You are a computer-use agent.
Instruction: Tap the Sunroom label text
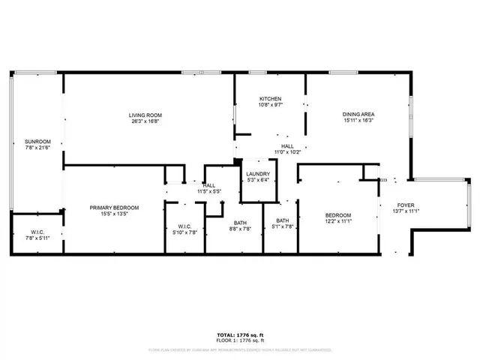37,141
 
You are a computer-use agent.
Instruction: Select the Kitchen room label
270,99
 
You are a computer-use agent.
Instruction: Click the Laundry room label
257,174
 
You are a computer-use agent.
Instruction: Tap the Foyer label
406,205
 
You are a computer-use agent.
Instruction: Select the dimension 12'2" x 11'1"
338,222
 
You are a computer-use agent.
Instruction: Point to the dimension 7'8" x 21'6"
37,147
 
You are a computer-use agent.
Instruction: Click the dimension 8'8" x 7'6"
240,229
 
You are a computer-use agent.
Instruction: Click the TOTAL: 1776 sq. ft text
239,334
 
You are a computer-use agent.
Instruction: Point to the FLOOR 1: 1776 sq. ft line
239,340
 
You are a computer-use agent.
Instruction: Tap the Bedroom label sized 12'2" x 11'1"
338,216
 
